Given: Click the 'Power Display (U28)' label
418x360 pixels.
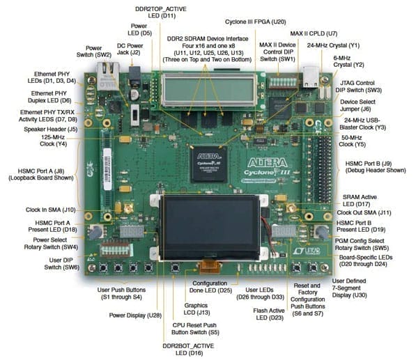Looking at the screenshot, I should [x=135, y=315].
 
